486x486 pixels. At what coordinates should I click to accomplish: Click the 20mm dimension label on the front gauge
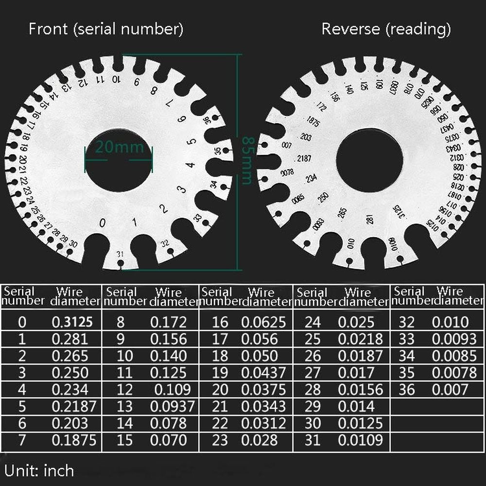(x=119, y=146)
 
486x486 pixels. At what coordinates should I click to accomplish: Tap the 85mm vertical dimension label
(x=246, y=160)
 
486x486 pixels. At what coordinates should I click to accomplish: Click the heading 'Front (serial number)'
(x=106, y=29)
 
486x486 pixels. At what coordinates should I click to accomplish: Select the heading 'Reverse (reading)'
(x=386, y=29)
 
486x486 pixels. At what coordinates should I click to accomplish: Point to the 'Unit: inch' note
(x=39, y=470)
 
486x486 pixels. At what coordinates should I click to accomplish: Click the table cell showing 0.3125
(x=72, y=322)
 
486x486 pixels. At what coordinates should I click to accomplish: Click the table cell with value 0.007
(x=450, y=389)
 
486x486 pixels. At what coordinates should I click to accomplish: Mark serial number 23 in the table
(x=220, y=440)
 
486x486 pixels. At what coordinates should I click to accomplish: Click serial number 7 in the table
(x=21, y=440)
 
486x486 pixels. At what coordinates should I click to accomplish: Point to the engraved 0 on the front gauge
(x=102, y=224)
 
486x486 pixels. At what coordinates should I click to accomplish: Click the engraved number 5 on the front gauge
(x=192, y=142)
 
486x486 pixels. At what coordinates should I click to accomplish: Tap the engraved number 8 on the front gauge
(x=154, y=90)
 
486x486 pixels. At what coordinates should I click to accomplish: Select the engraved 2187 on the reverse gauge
(x=304, y=159)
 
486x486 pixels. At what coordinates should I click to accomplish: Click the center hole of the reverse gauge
(x=369, y=160)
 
